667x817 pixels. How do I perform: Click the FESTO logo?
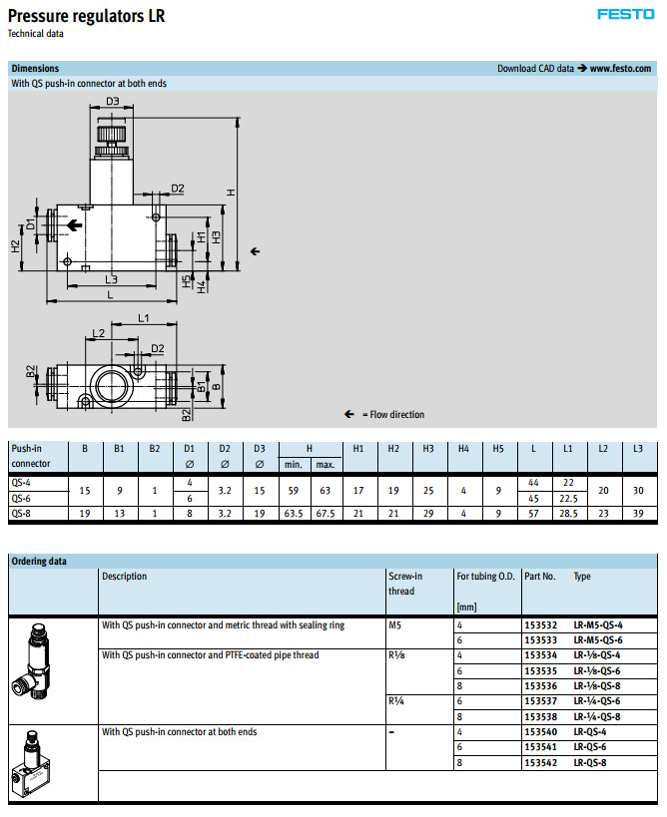pos(625,14)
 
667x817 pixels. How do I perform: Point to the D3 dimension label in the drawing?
pos(112,102)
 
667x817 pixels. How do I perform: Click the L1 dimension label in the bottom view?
pos(143,318)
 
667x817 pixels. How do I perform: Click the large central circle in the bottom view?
pos(111,380)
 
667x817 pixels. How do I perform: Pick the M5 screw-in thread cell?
pos(395,624)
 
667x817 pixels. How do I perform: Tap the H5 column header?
pos(498,449)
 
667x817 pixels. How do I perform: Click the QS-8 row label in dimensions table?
pos(21,513)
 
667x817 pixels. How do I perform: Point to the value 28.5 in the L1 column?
pos(567,513)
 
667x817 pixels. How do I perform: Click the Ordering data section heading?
pos(39,561)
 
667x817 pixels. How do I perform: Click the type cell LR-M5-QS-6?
pos(597,639)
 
